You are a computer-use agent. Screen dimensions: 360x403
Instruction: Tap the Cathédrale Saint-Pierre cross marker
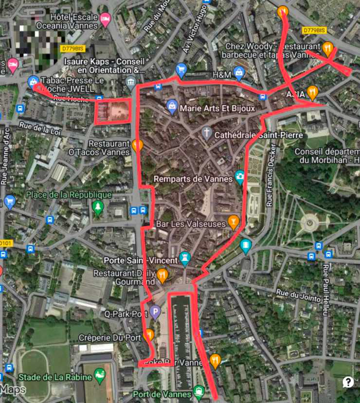click(x=207, y=132)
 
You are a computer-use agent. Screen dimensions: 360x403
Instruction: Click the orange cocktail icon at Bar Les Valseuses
click(x=234, y=222)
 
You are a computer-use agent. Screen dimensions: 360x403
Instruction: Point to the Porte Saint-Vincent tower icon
click(x=185, y=257)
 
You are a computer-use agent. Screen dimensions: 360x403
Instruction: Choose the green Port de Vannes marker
click(x=198, y=390)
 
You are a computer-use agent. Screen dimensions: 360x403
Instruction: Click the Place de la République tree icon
click(x=98, y=207)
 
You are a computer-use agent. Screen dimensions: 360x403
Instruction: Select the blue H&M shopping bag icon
click(x=239, y=73)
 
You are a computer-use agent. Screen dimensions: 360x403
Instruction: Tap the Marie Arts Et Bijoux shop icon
click(x=172, y=106)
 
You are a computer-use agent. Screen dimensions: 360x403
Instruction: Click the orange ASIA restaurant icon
click(x=313, y=92)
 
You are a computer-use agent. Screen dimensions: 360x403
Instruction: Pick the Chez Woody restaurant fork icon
click(x=328, y=48)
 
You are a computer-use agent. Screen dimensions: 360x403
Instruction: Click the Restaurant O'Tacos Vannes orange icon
click(x=138, y=145)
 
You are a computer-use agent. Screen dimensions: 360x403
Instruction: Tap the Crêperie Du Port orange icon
click(x=149, y=335)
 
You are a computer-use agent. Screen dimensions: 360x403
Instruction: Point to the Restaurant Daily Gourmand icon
click(x=162, y=276)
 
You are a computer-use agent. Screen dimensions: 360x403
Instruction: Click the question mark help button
click(x=348, y=382)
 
